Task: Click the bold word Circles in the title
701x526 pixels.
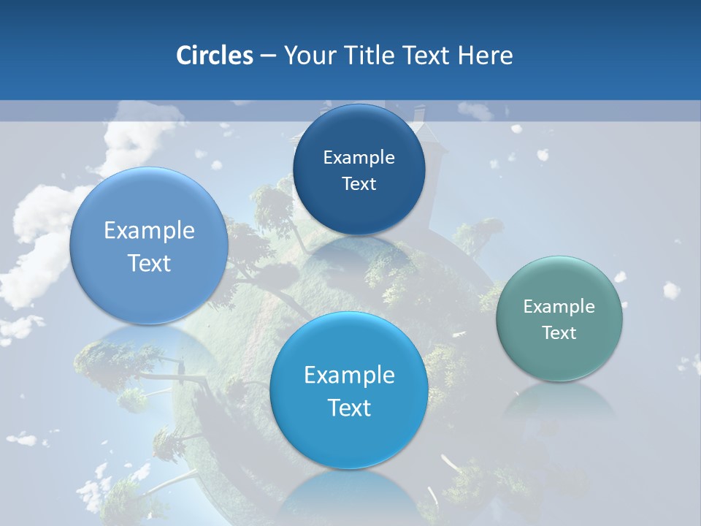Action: click(x=214, y=56)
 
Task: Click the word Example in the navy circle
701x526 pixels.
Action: click(x=359, y=157)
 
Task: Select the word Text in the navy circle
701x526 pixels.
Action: click(x=359, y=183)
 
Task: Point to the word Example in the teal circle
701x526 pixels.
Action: click(x=559, y=306)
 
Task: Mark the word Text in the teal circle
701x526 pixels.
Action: click(x=559, y=332)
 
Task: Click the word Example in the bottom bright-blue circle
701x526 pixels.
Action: click(x=349, y=375)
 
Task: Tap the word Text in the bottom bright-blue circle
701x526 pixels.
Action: click(x=349, y=408)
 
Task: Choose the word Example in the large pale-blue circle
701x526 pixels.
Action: click(x=149, y=230)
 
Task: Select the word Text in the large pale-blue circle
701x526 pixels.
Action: click(x=149, y=263)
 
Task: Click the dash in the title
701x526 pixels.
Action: click(x=267, y=56)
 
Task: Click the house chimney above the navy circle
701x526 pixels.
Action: click(x=420, y=115)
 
